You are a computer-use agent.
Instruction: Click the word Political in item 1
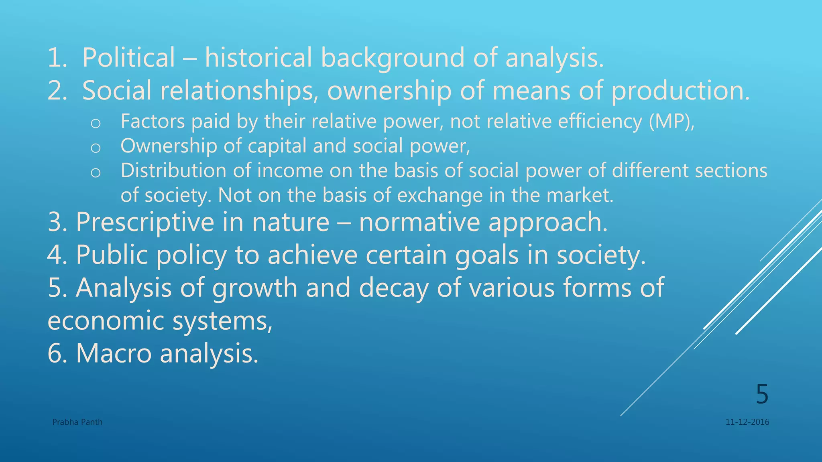[x=128, y=58]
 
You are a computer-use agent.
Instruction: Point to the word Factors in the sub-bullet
[x=153, y=122]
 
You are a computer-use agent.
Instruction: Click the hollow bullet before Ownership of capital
[x=96, y=148]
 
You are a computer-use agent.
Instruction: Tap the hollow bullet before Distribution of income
[x=96, y=173]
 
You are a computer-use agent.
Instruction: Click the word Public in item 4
[x=112, y=255]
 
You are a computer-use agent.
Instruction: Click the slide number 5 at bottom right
[x=762, y=394]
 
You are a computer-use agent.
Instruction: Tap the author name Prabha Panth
[x=77, y=422]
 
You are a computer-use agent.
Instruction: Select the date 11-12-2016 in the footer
[x=747, y=422]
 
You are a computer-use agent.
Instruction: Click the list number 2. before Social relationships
[x=57, y=91]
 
